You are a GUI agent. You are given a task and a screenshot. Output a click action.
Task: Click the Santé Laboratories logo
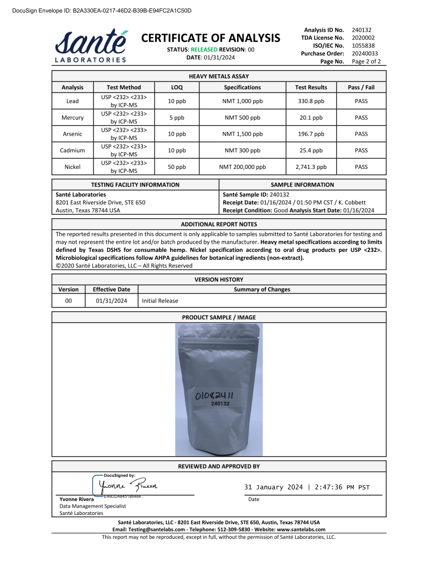tap(91, 45)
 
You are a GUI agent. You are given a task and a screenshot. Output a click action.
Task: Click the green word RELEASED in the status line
tap(203, 49)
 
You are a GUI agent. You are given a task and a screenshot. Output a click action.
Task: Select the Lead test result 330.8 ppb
tap(311, 101)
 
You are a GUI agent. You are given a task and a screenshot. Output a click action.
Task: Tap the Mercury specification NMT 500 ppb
tap(242, 117)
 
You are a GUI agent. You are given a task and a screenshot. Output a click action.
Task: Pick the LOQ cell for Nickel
tap(177, 167)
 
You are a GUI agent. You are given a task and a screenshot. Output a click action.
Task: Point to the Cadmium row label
tap(73, 150)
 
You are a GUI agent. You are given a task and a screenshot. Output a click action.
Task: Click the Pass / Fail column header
tap(361, 87)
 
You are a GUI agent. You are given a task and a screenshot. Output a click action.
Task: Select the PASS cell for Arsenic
tap(361, 134)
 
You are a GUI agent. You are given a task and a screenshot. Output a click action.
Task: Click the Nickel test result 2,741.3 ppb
tap(311, 167)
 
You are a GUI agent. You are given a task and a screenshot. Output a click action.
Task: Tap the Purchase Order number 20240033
tap(363, 53)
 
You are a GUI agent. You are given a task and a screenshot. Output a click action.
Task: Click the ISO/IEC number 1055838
tap(363, 45)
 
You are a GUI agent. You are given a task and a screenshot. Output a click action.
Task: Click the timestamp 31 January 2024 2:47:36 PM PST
tap(307, 487)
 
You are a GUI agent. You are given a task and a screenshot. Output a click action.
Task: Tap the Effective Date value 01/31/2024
tap(111, 301)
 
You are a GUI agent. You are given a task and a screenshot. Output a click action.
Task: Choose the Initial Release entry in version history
tap(160, 301)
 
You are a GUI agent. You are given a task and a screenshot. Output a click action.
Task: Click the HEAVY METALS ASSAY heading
tap(219, 76)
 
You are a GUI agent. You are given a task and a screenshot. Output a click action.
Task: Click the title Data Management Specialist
tap(92, 506)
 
